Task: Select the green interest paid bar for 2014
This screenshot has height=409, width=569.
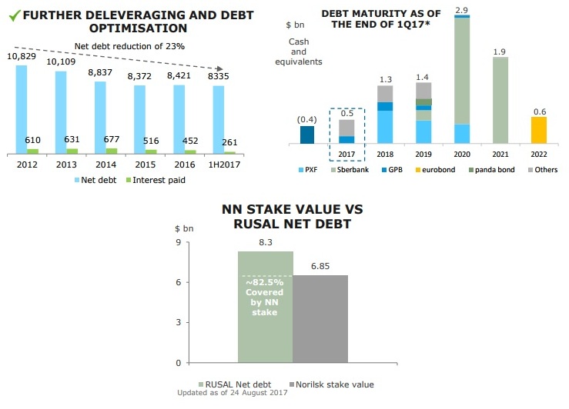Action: point(112,151)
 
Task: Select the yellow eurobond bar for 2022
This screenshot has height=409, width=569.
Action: point(539,130)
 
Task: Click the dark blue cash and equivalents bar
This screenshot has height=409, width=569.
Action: point(307,135)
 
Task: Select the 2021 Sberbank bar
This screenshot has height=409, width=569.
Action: point(500,100)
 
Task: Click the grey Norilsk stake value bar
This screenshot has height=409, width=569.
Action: point(321,318)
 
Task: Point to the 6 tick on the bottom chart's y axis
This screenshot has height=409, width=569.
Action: point(179,282)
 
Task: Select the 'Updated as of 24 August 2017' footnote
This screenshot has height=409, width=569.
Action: point(232,393)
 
